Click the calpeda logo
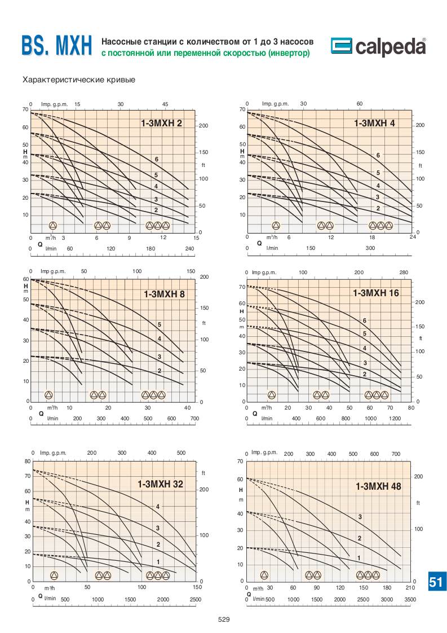coord(378,47)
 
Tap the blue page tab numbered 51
coord(436,582)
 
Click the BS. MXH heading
coord(56,47)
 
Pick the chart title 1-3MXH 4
coord(374,123)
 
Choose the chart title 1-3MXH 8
coord(164,294)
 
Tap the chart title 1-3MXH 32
coord(160,484)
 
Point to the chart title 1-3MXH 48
coord(378,486)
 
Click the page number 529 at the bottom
coord(224,619)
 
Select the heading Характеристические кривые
coord(78,80)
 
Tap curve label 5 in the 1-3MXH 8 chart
coord(160,324)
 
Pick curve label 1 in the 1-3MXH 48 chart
coord(359,557)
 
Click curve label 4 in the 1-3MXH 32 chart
coord(158,507)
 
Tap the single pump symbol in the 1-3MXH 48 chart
coord(264,575)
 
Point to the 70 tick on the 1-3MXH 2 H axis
coord(25,109)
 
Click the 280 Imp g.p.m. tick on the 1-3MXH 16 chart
coord(404,272)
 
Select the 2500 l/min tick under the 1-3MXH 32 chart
coord(196,599)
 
